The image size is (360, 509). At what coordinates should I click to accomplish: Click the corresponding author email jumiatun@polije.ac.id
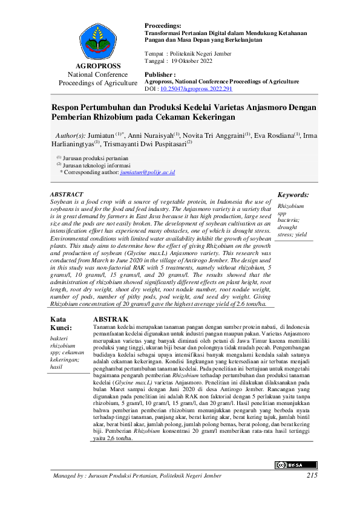point(148,172)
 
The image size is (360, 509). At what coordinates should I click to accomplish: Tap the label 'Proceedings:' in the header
point(163,25)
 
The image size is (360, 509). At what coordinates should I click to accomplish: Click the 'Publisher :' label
point(160,74)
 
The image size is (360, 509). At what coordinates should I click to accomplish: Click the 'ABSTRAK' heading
point(111,319)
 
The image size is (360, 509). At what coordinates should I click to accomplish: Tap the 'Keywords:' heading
point(293,195)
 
